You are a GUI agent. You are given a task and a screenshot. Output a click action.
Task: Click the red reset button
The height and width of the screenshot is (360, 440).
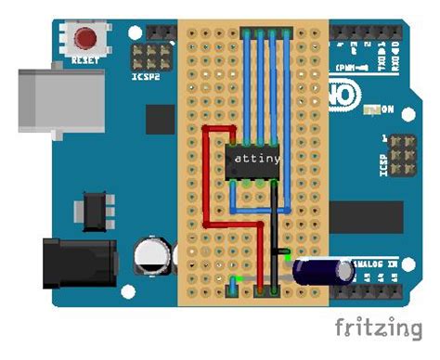point(86,40)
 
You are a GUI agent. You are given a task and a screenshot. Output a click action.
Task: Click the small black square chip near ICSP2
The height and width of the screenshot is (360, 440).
point(161,118)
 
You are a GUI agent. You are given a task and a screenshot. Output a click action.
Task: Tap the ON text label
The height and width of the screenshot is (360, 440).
point(387,109)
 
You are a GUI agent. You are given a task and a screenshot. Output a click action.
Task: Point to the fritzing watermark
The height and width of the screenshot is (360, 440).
point(383,328)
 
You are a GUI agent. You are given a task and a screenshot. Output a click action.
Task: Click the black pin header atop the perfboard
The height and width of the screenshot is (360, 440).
point(268,32)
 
